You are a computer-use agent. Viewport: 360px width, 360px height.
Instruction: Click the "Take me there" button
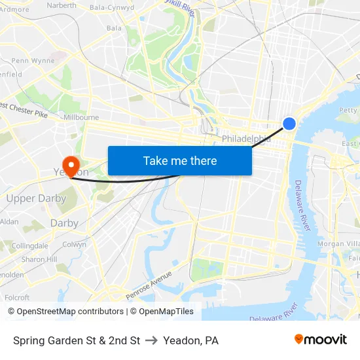click(x=179, y=160)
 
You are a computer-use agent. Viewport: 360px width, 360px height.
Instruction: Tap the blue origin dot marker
click(x=289, y=123)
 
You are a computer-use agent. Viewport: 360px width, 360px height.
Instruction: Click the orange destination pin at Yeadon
click(x=69, y=164)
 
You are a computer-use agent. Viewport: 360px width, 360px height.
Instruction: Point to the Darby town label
click(x=64, y=223)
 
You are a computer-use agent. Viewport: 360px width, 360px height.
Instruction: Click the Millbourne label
click(x=81, y=117)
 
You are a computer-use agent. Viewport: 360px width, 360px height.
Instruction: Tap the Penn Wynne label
click(x=33, y=61)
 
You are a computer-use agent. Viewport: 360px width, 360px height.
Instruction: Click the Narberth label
click(x=62, y=5)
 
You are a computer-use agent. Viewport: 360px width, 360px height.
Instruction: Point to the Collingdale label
click(x=30, y=245)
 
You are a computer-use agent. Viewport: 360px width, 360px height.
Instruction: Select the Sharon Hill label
click(x=38, y=259)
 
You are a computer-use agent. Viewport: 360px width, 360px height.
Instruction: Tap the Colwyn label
click(x=74, y=244)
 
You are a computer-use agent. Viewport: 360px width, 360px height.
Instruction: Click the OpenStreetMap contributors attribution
click(x=65, y=312)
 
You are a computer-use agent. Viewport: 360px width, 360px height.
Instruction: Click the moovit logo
click(x=321, y=340)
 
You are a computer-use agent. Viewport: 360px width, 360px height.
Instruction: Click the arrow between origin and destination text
click(x=151, y=340)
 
